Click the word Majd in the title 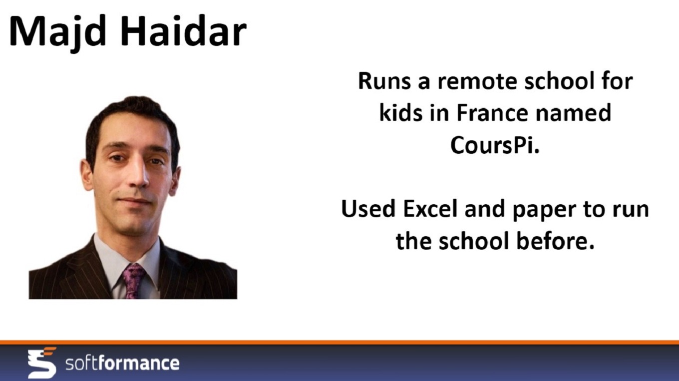58,32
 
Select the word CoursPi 495,145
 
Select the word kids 401,112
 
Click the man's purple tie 134,281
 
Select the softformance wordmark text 122,363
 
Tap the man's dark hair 130,115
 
